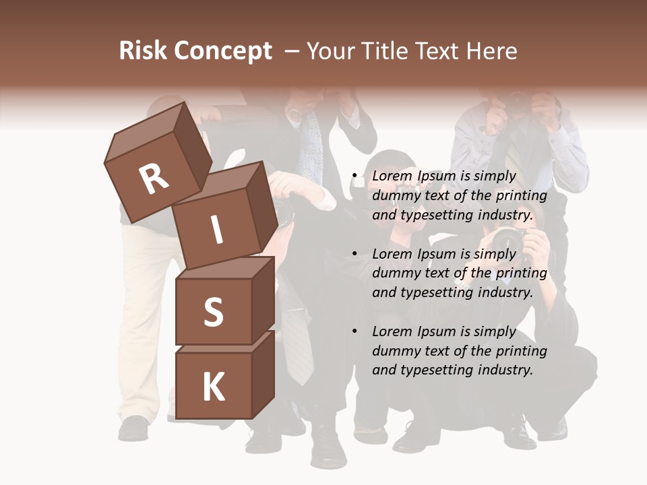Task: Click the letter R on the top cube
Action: click(x=154, y=179)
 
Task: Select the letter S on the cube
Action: click(x=213, y=312)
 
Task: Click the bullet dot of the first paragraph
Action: click(x=355, y=176)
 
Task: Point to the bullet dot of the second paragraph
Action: click(x=355, y=255)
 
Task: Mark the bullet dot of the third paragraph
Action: click(x=355, y=331)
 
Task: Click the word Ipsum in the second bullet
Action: click(x=437, y=254)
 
